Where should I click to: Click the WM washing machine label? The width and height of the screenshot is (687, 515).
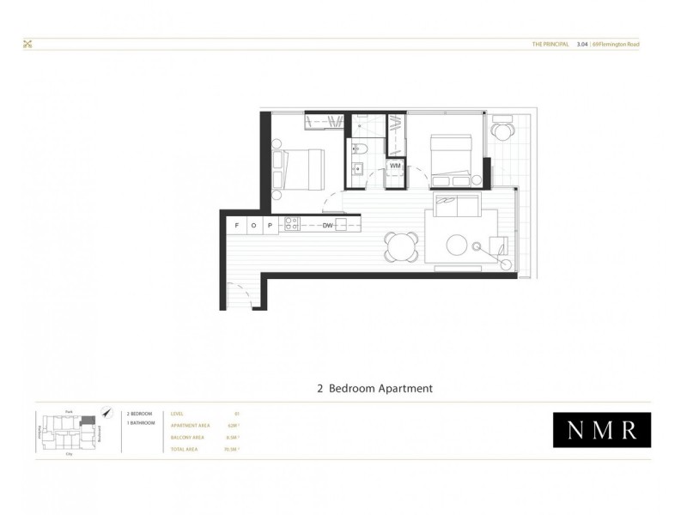[396, 166]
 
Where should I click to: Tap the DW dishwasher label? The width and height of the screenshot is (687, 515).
[327, 226]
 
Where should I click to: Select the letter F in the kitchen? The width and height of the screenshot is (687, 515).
[236, 226]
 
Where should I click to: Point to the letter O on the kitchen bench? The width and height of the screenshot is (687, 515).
[252, 226]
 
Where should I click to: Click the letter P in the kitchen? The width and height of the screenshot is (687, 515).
[269, 226]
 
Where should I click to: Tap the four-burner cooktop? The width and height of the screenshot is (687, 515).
[291, 225]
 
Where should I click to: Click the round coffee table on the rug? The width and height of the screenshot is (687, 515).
[458, 245]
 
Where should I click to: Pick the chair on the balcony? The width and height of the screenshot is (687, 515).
[502, 131]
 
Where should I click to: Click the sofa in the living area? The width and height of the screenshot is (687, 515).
[458, 207]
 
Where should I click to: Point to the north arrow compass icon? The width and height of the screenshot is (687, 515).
[106, 413]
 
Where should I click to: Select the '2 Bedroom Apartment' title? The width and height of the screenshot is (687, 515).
[374, 388]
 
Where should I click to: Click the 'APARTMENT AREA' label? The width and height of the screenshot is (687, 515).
[191, 425]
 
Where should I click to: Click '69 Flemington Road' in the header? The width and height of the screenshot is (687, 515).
[615, 45]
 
